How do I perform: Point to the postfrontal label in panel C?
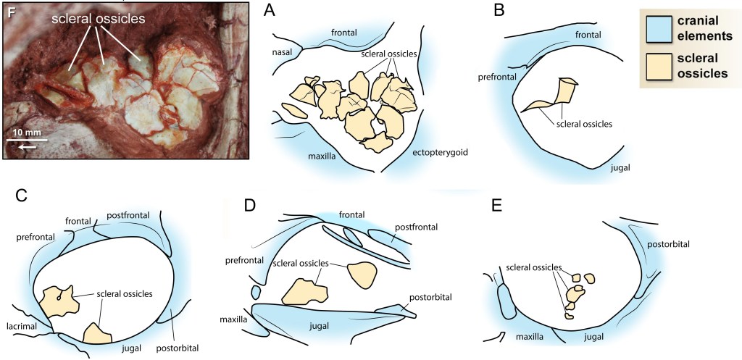click(129, 215)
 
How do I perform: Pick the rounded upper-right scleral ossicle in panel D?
click(362, 275)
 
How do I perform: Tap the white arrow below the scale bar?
click(25, 146)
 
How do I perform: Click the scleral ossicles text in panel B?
click(585, 124)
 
